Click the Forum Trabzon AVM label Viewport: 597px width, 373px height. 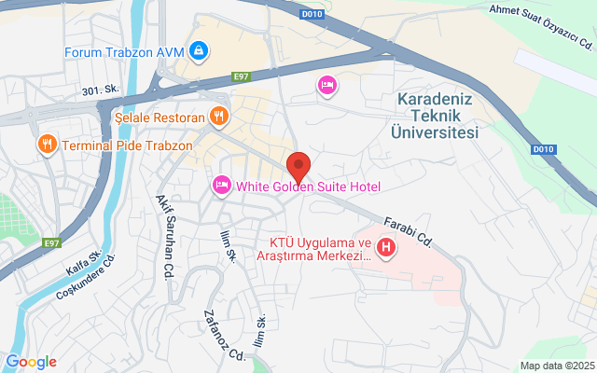[123, 51]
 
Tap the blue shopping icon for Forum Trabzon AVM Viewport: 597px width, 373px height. [198, 49]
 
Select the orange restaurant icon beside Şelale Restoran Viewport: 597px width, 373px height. [218, 117]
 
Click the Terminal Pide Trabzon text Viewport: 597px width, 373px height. [127, 145]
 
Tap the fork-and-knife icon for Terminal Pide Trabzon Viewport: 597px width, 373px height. [45, 145]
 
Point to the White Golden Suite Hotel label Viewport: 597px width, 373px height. [309, 186]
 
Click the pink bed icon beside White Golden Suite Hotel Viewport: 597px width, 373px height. [222, 186]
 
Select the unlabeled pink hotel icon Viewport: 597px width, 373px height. [326, 86]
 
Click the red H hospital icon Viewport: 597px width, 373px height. [385, 249]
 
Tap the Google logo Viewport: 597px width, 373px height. [31, 362]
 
